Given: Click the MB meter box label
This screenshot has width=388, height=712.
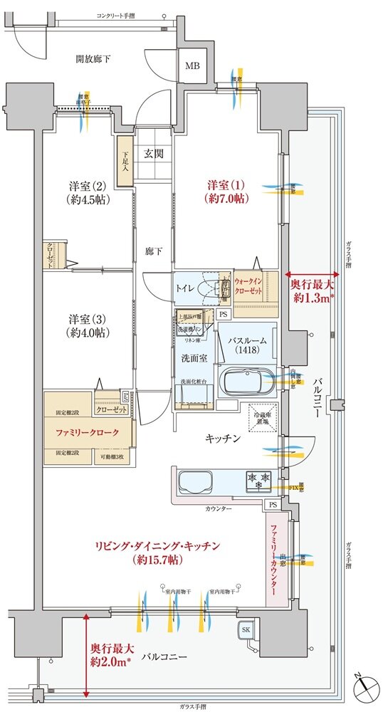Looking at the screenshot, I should click(x=192, y=67).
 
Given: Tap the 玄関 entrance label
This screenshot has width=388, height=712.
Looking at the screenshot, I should click(x=154, y=153).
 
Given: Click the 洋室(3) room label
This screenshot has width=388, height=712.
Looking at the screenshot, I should click(x=88, y=324).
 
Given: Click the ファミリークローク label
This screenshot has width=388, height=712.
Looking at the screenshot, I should click(x=87, y=432).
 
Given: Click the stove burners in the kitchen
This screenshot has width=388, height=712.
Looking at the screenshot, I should click(x=258, y=478).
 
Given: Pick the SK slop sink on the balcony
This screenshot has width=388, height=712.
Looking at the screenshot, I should click(x=246, y=629).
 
